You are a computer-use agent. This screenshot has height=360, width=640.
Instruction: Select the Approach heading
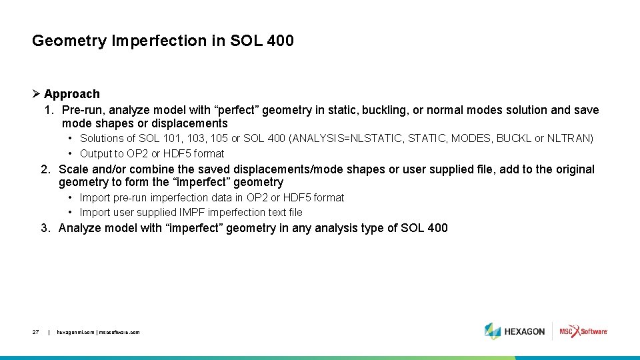click(72, 94)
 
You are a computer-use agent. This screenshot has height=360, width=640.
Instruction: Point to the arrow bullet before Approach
click(37, 94)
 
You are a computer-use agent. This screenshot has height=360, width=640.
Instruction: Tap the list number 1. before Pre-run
click(49, 110)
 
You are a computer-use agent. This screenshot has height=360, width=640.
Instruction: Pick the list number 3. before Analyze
click(46, 228)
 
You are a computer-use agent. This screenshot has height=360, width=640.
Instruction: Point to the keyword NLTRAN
click(569, 139)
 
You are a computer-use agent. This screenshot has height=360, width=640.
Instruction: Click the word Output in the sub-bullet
click(96, 153)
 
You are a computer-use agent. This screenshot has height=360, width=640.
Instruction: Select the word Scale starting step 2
click(73, 169)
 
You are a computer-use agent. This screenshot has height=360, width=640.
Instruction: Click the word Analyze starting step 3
click(81, 228)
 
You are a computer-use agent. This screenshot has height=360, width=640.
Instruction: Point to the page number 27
click(35, 332)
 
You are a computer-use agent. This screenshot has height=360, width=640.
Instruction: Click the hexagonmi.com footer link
click(76, 332)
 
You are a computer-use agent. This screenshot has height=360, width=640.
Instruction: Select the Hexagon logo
click(515, 331)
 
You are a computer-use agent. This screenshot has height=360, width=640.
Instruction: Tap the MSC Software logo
click(583, 331)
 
